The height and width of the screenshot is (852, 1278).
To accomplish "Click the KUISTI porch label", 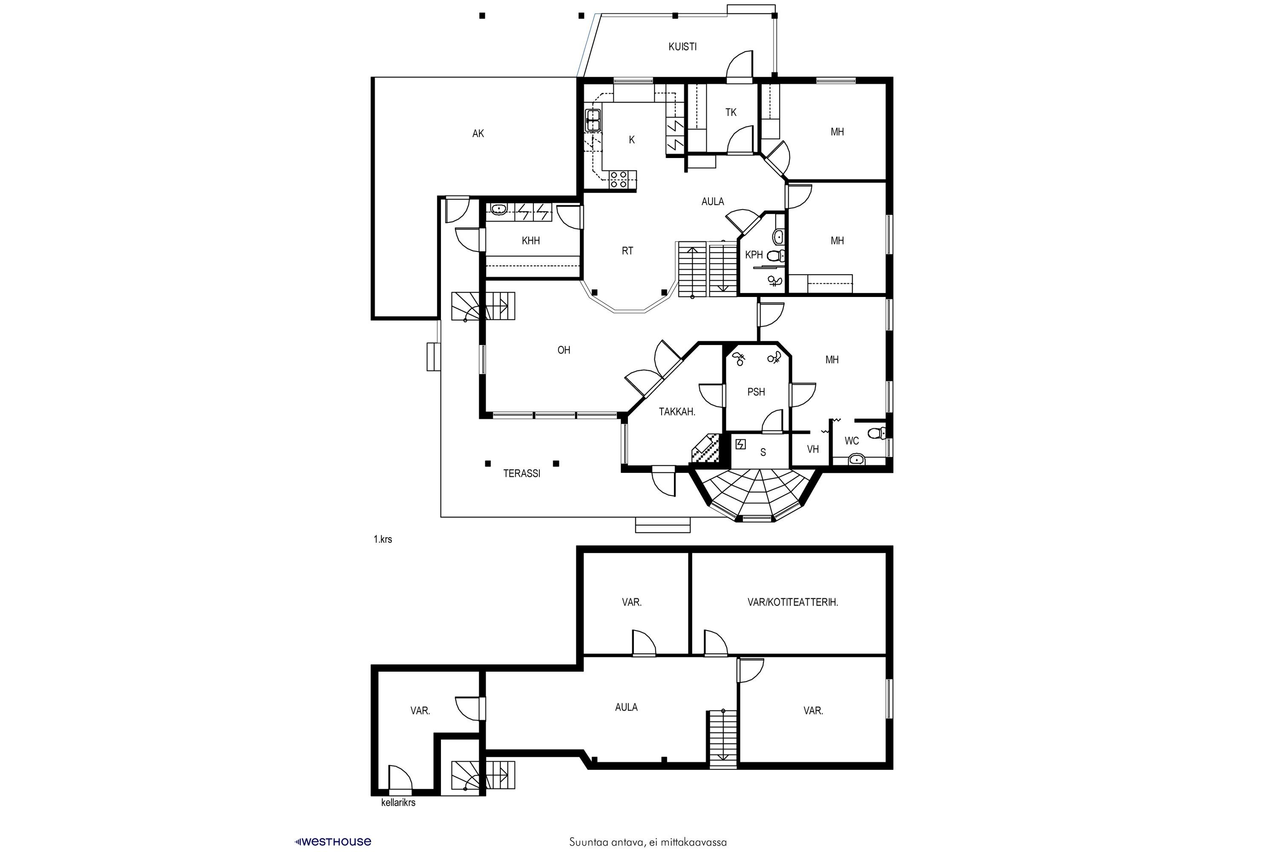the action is pyautogui.click(x=682, y=47).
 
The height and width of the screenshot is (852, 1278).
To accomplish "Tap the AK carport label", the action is pyautogui.click(x=478, y=134).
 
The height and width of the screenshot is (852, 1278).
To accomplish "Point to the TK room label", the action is pyautogui.click(x=731, y=112).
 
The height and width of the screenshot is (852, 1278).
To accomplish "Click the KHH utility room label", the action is pyautogui.click(x=530, y=241).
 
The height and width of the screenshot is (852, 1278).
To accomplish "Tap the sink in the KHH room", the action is pyautogui.click(x=498, y=209).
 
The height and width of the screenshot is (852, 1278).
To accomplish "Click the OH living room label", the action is pyautogui.click(x=564, y=351).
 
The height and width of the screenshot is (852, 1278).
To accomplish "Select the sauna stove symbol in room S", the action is pyautogui.click(x=740, y=444).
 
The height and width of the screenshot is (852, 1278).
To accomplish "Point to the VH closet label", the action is pyautogui.click(x=813, y=449).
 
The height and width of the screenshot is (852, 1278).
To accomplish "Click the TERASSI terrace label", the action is pyautogui.click(x=521, y=473).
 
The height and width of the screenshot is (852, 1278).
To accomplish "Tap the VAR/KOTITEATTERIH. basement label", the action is pyautogui.click(x=793, y=602).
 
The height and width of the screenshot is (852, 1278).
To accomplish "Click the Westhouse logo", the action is pyautogui.click(x=333, y=842).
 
